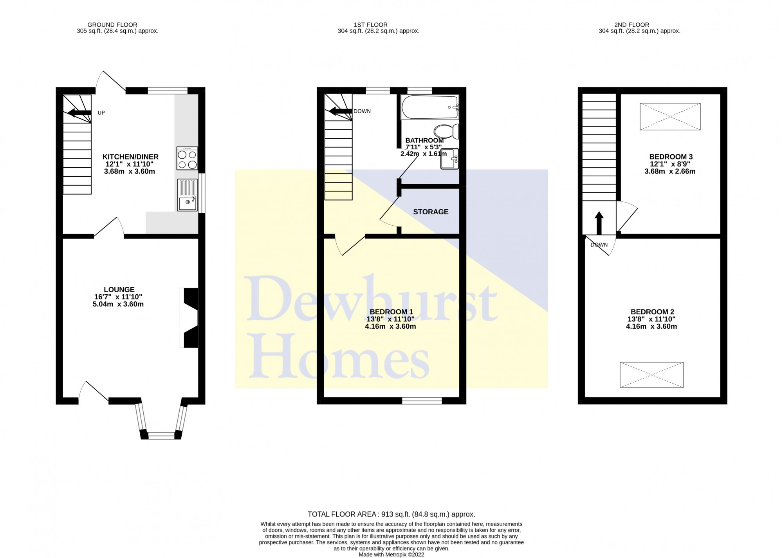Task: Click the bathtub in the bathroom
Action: pyautogui.click(x=430, y=107)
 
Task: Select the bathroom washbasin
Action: pyautogui.click(x=450, y=159)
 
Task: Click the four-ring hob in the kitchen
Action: pyautogui.click(x=187, y=158)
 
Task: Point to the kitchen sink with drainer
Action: pyautogui.click(x=188, y=195)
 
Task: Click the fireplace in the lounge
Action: pyautogui.click(x=189, y=318)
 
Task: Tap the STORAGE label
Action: pyautogui.click(x=431, y=212)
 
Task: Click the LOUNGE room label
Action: pyautogui.click(x=119, y=290)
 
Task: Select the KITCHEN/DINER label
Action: pyautogui.click(x=130, y=157)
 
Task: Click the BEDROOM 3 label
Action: pyautogui.click(x=671, y=157)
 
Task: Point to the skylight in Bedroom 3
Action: pyautogui.click(x=670, y=116)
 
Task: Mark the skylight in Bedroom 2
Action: pyautogui.click(x=651, y=375)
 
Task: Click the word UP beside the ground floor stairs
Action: pyautogui.click(x=101, y=113)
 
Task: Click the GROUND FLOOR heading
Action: pyautogui.click(x=112, y=25)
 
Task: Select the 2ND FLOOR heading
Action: pyautogui.click(x=631, y=25)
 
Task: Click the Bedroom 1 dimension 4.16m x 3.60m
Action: pyautogui.click(x=390, y=326)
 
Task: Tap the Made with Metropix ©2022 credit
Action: pyautogui.click(x=391, y=554)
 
